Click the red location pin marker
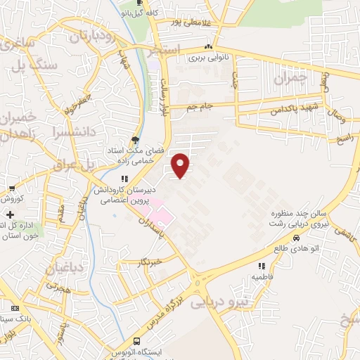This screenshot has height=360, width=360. [182, 165]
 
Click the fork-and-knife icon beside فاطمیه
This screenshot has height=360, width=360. [262, 266]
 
